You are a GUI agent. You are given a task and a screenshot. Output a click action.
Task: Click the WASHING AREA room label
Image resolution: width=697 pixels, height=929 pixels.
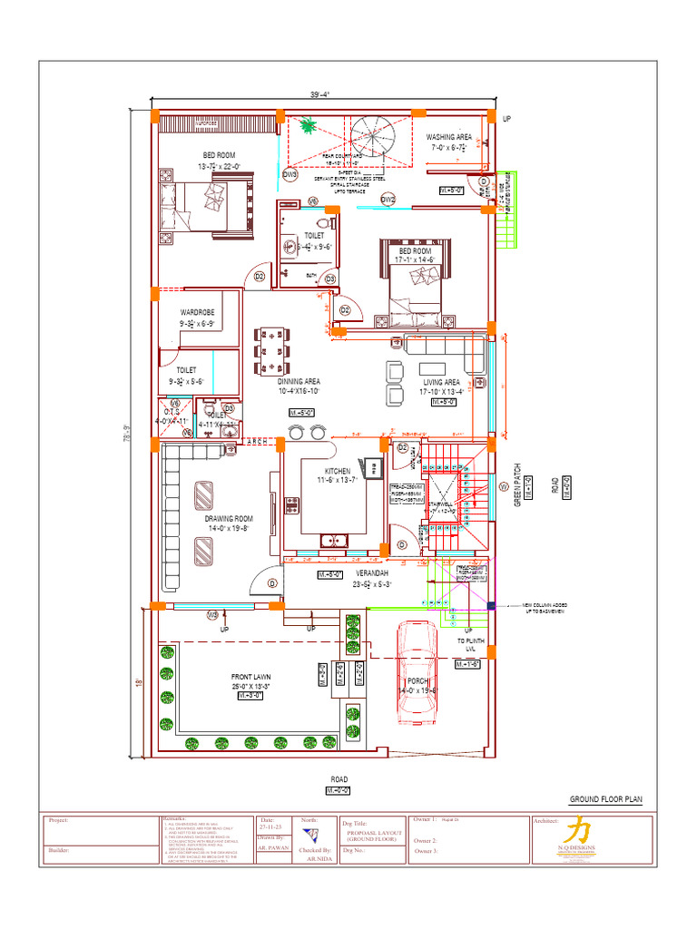tap(449, 138)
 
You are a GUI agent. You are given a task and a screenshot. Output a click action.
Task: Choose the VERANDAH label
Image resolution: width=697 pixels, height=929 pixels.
tap(370, 574)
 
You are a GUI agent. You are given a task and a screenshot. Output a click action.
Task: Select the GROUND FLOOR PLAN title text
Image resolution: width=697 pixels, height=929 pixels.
tap(605, 799)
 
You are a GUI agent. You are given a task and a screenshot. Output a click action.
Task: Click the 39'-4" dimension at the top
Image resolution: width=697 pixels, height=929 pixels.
tap(319, 93)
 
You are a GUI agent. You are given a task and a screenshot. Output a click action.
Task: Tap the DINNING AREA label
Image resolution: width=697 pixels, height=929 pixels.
tap(299, 382)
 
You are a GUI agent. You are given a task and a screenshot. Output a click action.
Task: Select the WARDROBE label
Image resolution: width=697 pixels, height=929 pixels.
tap(197, 312)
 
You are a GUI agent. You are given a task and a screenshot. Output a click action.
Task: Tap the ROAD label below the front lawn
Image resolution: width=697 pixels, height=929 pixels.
tap(339, 779)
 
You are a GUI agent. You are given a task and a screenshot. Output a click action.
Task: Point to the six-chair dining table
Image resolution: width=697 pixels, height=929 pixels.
tap(272, 350)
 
